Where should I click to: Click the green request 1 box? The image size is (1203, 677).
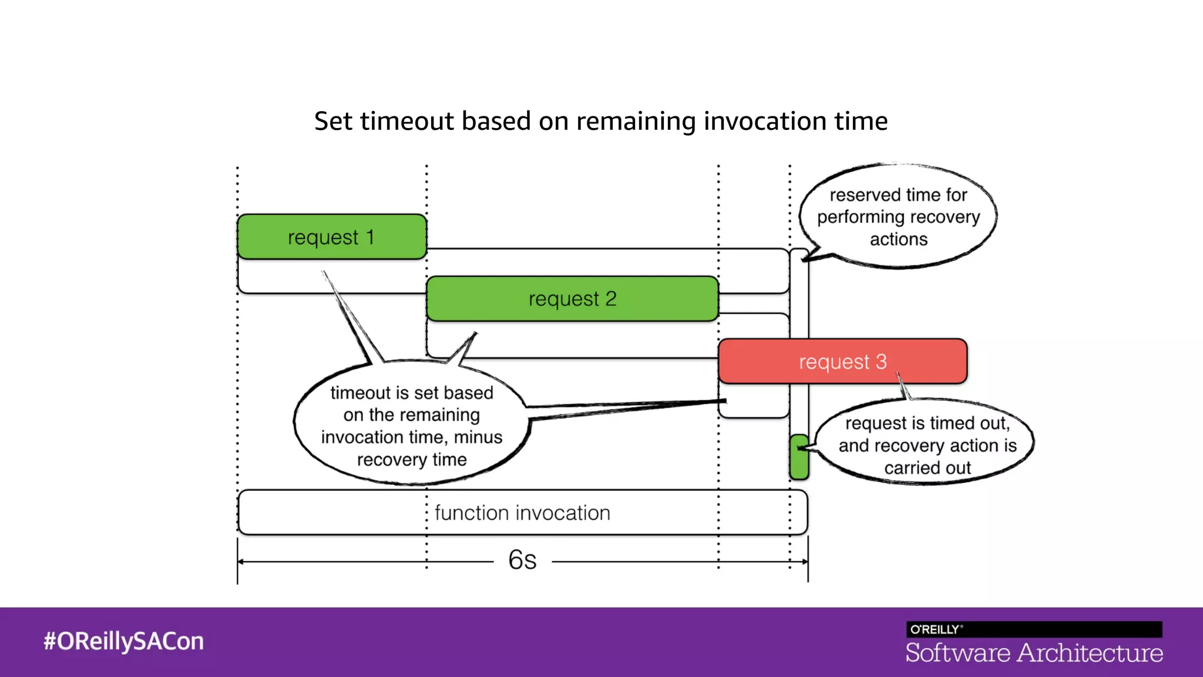[x=332, y=236]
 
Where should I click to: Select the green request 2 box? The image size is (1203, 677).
[x=572, y=299]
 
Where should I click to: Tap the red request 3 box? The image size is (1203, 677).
[x=842, y=361]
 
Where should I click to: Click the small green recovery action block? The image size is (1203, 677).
[x=799, y=457]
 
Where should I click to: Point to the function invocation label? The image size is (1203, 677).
[x=522, y=513]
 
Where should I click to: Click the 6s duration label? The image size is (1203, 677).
[x=522, y=560]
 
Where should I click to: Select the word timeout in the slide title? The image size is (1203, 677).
[x=407, y=121]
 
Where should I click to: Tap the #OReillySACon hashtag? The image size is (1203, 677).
[x=123, y=641]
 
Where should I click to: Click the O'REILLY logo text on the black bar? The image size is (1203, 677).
[x=935, y=629]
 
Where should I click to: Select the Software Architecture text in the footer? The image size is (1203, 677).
[x=1034, y=653]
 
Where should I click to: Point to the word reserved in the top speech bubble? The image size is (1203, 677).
[x=859, y=195]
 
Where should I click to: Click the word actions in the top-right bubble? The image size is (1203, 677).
[x=899, y=239]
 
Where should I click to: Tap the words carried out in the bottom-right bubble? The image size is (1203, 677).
[x=928, y=468]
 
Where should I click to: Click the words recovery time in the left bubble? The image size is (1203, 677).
[x=412, y=460]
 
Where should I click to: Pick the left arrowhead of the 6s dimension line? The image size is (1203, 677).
[x=241, y=562]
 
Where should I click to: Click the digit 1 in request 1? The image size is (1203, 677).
[x=370, y=237]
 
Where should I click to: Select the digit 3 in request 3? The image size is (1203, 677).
[x=881, y=361]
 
